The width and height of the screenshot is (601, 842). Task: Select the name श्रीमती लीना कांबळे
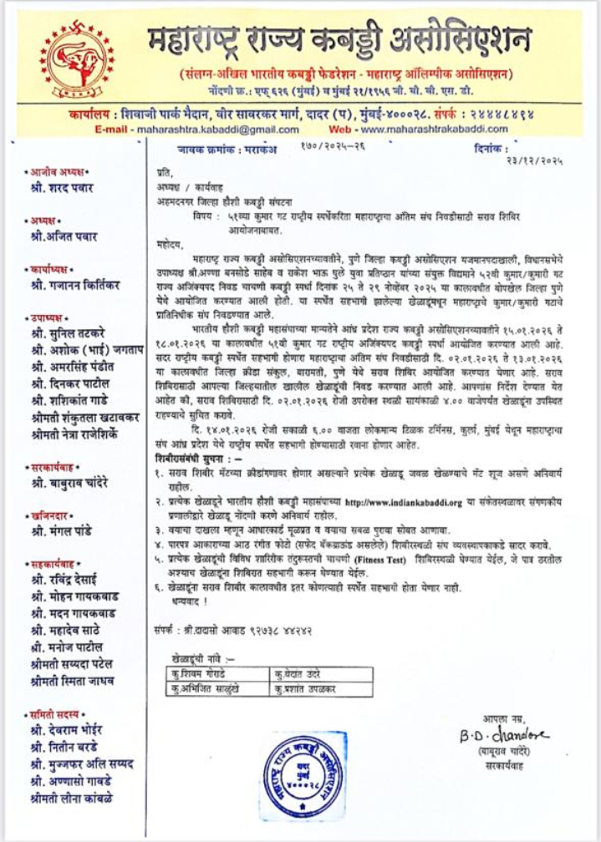72,798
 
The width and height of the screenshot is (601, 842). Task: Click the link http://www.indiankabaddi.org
404,502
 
